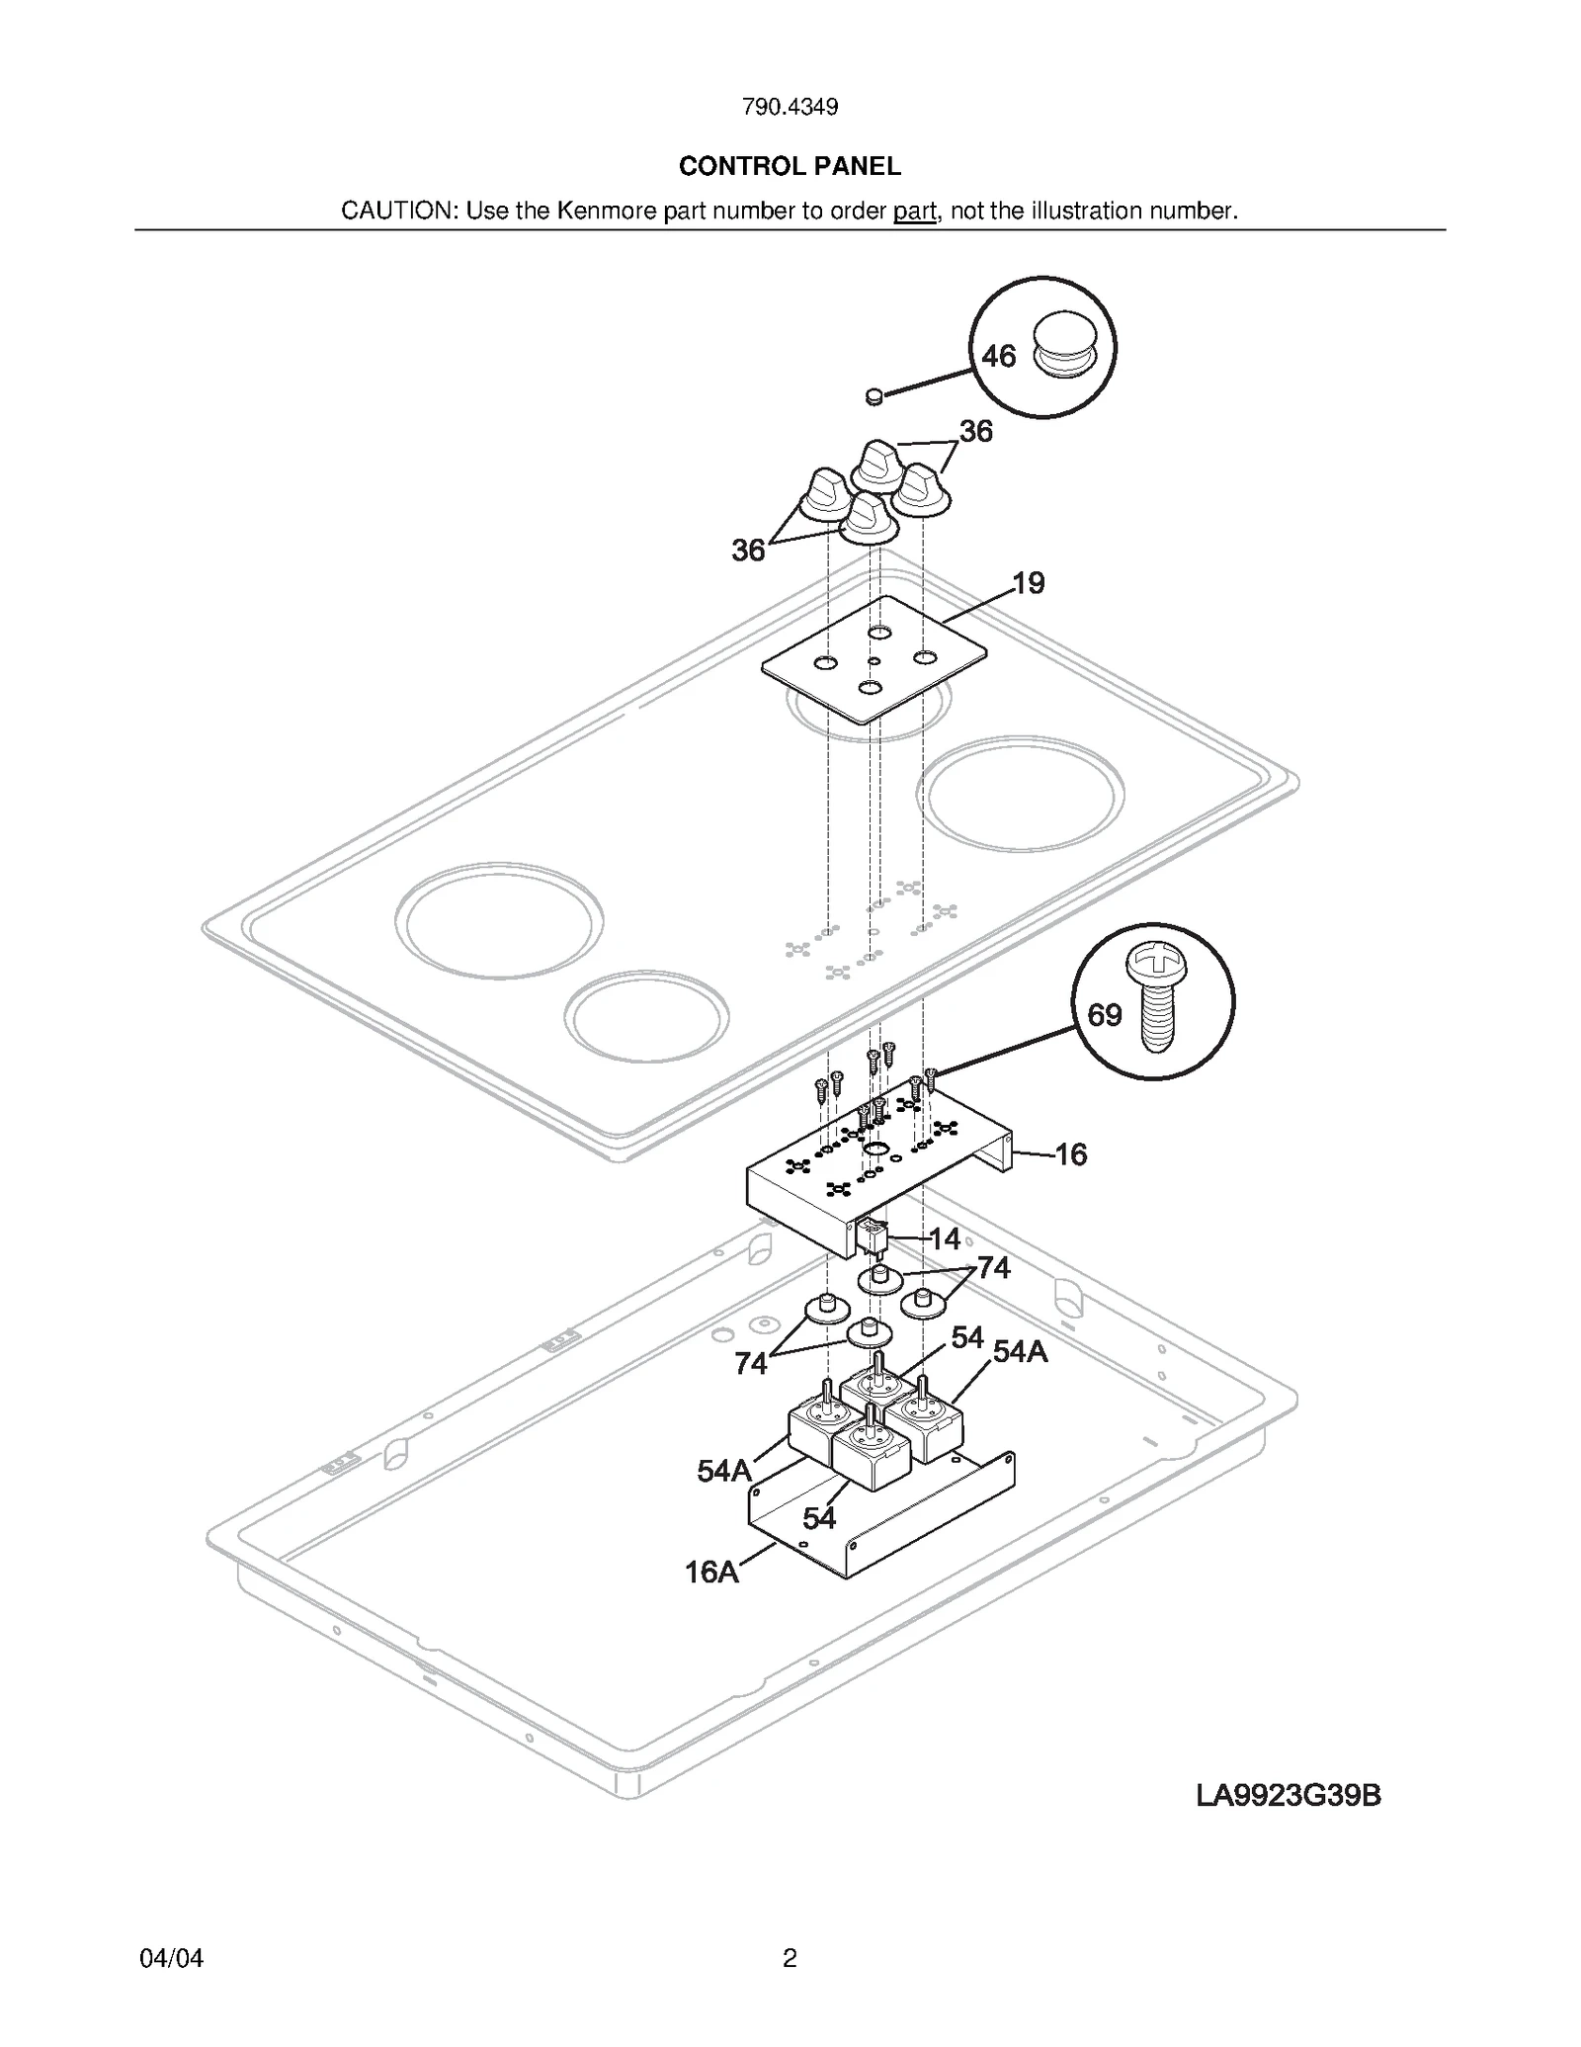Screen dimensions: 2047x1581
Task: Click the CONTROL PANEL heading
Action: tap(790, 166)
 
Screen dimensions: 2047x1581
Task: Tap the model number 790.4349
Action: tap(790, 107)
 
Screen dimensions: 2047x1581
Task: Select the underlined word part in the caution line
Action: tap(914, 211)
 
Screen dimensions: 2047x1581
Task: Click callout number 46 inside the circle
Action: tap(998, 356)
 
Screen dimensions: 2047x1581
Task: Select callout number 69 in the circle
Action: tap(1105, 1015)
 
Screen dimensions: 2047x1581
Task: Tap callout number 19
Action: tap(1029, 583)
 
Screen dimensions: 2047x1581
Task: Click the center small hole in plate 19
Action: tap(874, 660)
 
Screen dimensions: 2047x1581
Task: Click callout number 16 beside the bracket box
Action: tap(1071, 1154)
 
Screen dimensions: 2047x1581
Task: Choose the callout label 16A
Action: tap(711, 1573)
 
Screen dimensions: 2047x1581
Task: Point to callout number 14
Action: tap(945, 1238)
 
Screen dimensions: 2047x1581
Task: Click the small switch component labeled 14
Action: tap(874, 1235)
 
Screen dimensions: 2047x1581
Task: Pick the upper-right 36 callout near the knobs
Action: tap(975, 431)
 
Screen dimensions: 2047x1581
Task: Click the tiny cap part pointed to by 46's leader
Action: tap(873, 396)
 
